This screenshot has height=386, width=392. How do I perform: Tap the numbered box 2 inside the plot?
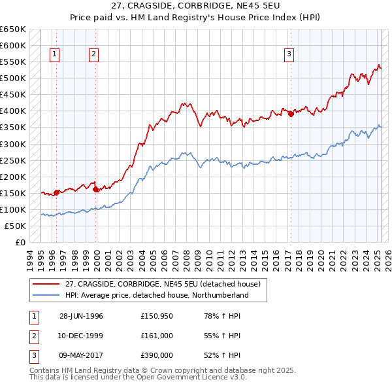point(94,55)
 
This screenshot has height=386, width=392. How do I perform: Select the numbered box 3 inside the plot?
point(288,55)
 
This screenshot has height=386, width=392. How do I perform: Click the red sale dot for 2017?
point(291,114)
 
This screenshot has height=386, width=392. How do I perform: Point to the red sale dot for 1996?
point(57,192)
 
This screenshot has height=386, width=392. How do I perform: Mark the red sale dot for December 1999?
point(96,189)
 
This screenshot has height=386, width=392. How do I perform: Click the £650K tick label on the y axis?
point(13,29)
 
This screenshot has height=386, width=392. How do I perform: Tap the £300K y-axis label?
point(13,144)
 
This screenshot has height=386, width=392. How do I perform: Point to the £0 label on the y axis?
point(21,242)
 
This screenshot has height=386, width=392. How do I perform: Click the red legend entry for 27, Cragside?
point(163,284)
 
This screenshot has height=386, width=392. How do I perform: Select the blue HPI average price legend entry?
point(166,295)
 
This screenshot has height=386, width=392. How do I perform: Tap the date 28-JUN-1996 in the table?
point(81,316)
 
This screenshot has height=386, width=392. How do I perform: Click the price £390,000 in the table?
point(157,355)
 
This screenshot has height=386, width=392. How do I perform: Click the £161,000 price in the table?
point(157,336)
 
